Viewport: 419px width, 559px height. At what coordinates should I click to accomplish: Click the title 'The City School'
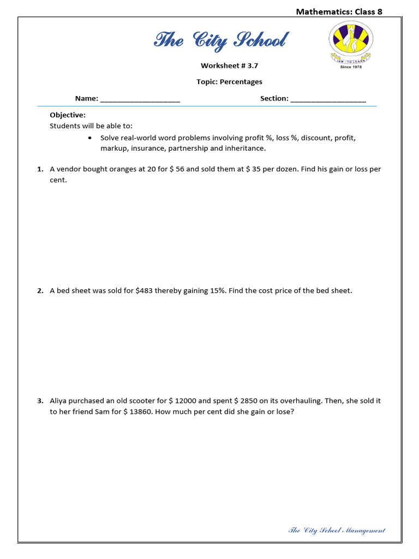tap(221, 40)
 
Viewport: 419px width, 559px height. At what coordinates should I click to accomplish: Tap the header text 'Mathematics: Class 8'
tap(339, 11)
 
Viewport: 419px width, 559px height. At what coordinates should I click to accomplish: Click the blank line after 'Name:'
tap(140, 99)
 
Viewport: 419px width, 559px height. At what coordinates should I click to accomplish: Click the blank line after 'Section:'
tap(328, 99)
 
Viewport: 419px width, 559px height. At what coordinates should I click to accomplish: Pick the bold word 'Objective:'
tap(68, 115)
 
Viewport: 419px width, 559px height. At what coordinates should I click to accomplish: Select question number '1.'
tap(40, 169)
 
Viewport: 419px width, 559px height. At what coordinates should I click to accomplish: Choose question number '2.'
tap(40, 291)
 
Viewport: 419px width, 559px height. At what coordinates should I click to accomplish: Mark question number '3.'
tap(40, 401)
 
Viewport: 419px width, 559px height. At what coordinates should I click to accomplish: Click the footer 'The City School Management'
tap(336, 530)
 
